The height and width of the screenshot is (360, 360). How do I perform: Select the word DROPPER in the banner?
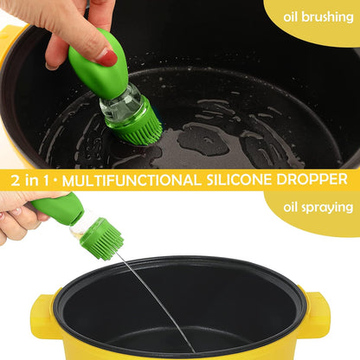pos(319,180)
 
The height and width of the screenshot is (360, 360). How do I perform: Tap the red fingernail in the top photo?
pos(108,59)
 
